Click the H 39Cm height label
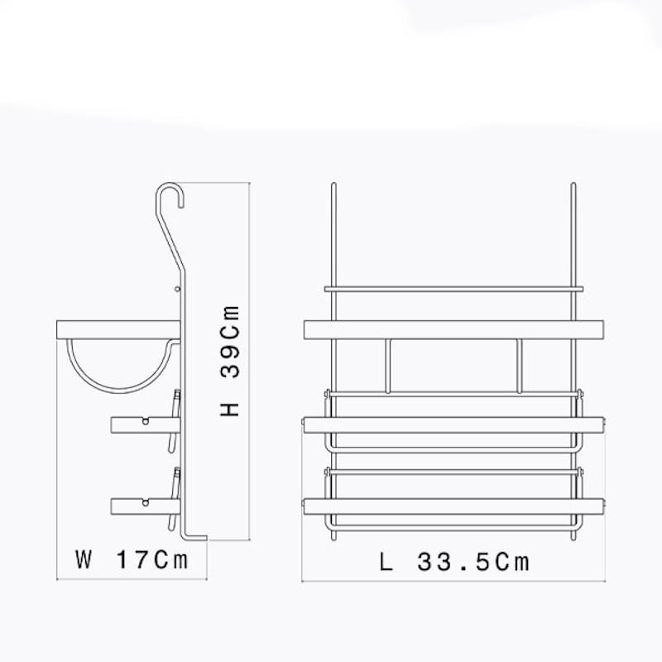(230, 362)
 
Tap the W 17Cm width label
(132, 560)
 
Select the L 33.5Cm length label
(453, 562)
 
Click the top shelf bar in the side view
(118, 329)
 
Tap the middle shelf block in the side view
(146, 425)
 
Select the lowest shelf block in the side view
(146, 506)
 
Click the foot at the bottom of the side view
(195, 538)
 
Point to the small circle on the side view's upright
(177, 289)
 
